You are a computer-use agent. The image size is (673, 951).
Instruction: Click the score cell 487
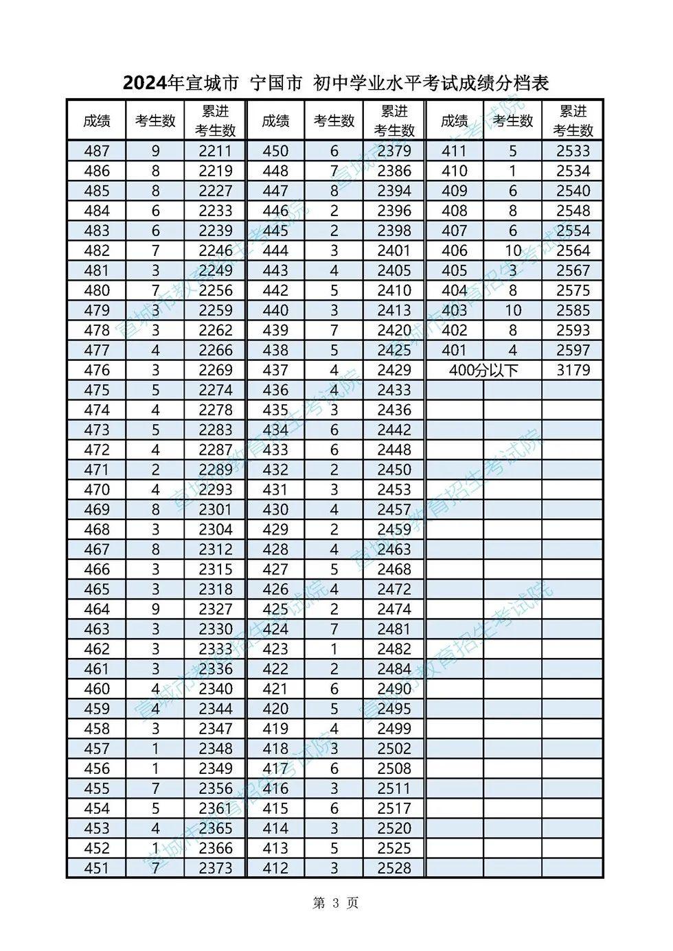(96, 151)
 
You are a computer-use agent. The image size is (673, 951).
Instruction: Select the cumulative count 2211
(216, 151)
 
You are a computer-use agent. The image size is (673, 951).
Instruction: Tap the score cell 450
(275, 151)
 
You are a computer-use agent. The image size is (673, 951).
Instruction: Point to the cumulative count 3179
(573, 370)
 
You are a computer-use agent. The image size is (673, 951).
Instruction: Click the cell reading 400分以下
(483, 370)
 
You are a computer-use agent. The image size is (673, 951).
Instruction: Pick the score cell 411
(454, 151)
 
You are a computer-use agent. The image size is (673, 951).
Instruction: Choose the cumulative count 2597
(573, 350)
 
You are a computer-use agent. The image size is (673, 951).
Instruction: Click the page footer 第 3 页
(335, 903)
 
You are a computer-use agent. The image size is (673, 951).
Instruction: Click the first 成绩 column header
(96, 121)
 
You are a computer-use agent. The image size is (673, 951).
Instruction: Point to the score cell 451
(96, 868)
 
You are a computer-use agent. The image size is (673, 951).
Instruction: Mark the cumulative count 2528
(394, 868)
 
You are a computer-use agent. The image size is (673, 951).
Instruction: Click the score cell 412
(275, 868)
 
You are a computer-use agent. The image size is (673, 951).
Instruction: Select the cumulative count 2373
(216, 868)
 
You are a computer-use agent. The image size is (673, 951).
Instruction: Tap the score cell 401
(454, 350)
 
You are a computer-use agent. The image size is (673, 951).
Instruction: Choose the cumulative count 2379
(394, 151)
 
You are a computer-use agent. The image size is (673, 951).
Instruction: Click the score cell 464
(96, 609)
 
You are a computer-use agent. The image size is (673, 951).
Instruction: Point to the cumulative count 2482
(394, 648)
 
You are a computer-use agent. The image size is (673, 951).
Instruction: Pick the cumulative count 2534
(573, 171)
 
